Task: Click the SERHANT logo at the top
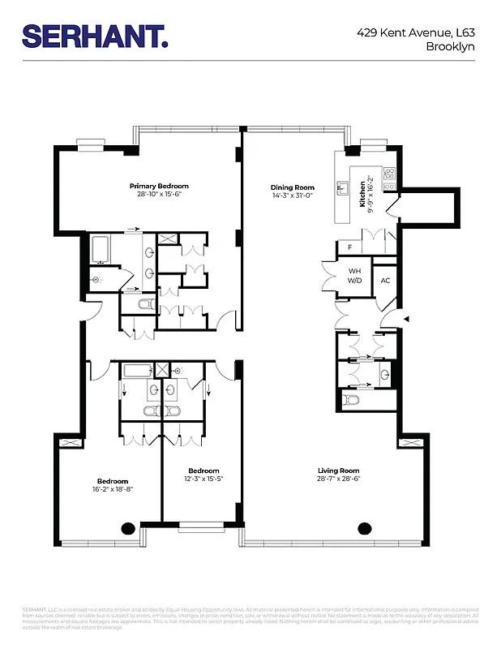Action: (x=95, y=35)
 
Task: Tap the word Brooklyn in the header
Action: (x=450, y=46)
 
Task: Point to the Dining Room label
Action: (x=291, y=187)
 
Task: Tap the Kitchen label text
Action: (x=362, y=194)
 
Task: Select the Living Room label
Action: (x=338, y=471)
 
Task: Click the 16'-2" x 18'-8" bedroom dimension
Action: (x=113, y=489)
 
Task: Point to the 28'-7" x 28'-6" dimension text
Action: (x=338, y=479)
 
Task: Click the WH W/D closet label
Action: (x=354, y=276)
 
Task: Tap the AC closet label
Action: (x=385, y=280)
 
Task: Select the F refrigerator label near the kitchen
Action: (x=349, y=247)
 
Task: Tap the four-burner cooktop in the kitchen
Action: (x=389, y=173)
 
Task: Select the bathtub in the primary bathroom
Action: (x=102, y=249)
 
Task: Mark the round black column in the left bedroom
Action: (x=128, y=528)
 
